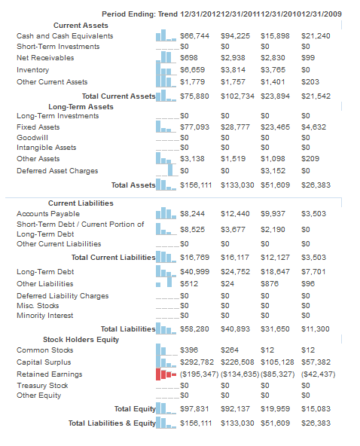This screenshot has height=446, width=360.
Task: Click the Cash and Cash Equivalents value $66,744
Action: (195, 36)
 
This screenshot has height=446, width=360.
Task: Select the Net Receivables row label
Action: (45, 58)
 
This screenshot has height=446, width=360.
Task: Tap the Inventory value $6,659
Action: (193, 70)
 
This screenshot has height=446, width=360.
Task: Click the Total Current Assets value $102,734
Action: (237, 96)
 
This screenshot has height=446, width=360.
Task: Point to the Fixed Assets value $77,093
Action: (195, 127)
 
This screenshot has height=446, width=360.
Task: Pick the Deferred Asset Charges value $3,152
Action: (273, 171)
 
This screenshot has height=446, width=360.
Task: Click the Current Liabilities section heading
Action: (81, 203)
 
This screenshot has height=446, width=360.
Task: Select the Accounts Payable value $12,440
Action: (235, 214)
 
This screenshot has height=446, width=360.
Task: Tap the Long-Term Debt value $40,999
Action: (195, 272)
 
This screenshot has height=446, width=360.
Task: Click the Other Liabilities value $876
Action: (270, 284)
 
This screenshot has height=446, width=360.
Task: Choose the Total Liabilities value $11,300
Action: (316, 329)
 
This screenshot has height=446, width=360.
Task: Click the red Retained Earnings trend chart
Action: (166, 374)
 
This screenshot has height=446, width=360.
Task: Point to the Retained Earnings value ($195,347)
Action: (200, 374)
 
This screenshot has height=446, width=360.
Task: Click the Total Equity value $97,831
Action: (194, 409)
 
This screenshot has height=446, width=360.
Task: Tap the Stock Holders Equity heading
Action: (81, 340)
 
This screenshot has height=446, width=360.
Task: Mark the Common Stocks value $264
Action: (230, 350)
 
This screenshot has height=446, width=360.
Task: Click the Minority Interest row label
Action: (45, 316)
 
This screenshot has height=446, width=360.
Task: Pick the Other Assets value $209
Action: (310, 159)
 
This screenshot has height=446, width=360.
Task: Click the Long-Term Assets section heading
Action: (81, 107)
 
